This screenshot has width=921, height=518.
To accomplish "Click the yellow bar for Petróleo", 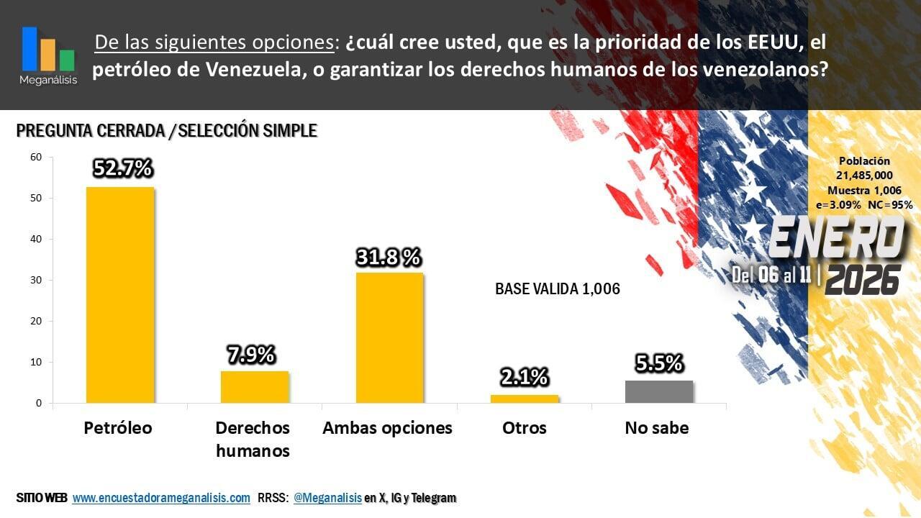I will [119, 295].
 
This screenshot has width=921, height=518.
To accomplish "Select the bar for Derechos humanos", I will [254, 387].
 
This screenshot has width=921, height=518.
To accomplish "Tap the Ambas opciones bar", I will [389, 337].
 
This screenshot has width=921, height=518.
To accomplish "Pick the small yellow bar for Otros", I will [525, 399].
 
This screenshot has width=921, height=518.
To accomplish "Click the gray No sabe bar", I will [659, 391].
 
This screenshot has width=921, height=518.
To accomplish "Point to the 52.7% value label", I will [122, 168].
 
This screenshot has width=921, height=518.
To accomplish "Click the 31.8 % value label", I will [389, 257].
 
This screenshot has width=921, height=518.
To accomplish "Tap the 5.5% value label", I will [659, 364].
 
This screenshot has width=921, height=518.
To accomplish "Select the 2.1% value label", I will [525, 377].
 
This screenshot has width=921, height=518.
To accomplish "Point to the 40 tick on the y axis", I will [37, 239].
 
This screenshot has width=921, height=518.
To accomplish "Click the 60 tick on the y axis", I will [37, 157].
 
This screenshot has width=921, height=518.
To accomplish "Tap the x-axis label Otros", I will [525, 428].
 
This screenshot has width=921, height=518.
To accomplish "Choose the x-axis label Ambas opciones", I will [387, 428].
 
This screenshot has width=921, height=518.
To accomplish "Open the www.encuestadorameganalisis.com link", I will [161, 498].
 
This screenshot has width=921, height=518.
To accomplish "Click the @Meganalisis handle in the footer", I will [327, 498].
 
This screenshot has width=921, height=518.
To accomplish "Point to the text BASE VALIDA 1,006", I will [558, 289].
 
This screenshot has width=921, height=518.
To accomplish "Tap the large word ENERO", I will [835, 238].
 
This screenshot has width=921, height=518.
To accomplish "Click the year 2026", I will [863, 279].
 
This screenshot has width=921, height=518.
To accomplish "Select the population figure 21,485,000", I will [864, 176].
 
